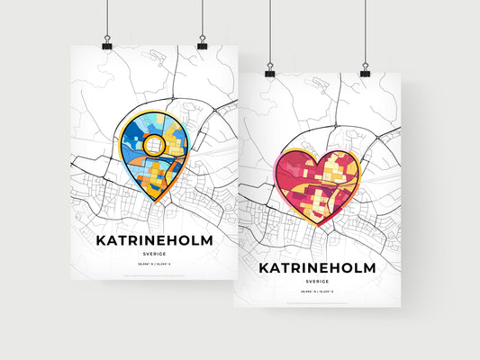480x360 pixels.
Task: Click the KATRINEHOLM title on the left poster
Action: click(152, 242)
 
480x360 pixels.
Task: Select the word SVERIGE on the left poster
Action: click(152, 256)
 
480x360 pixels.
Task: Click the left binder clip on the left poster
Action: click(107, 44)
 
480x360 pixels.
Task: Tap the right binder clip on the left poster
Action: click(202, 44)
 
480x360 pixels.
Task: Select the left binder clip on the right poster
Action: click(270, 69)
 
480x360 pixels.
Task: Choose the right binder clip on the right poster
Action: click(366, 69)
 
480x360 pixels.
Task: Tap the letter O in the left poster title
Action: click(185, 242)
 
